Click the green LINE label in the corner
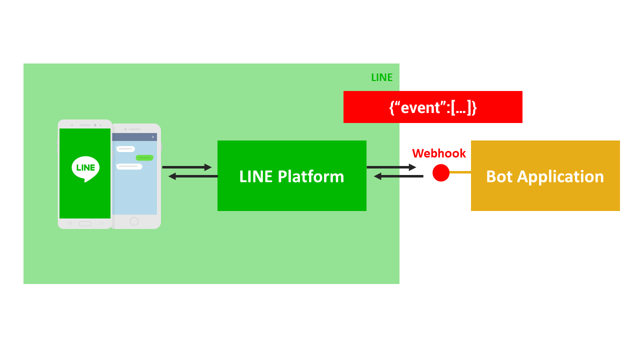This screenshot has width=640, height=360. (381, 77)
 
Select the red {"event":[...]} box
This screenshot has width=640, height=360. (432, 107)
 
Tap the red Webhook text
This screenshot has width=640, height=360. (438, 153)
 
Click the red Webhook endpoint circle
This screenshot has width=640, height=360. (441, 172)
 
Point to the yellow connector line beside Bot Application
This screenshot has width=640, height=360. (460, 172)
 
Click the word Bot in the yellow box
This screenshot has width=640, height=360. (500, 176)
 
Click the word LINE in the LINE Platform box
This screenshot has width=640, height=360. (256, 176)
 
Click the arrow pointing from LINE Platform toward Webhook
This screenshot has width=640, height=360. (391, 167)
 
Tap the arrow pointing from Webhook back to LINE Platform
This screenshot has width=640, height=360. (398, 176)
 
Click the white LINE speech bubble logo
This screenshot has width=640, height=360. (85, 168)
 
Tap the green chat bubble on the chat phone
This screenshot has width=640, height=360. (144, 157)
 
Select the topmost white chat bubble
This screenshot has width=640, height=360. (125, 149)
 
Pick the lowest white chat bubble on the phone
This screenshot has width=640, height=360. (129, 166)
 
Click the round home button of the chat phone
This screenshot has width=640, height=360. (134, 221)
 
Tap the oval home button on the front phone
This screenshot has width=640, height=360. (85, 223)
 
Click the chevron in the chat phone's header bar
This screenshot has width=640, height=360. (153, 137)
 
